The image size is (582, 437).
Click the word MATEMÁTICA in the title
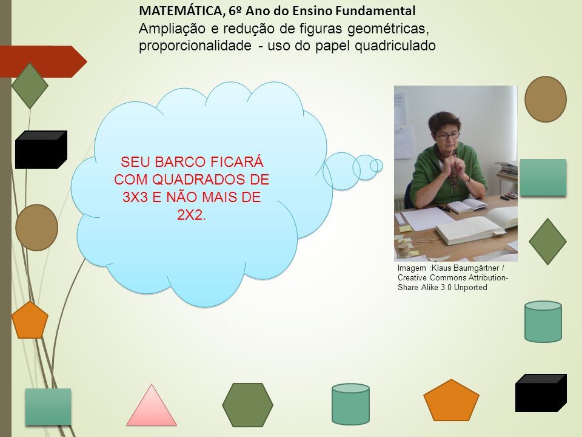click(x=181, y=12)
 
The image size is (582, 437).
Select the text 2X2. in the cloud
click(x=192, y=214)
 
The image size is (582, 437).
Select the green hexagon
click(x=247, y=405)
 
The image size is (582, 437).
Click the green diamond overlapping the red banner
click(x=30, y=86)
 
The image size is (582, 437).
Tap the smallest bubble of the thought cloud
click(x=376, y=166)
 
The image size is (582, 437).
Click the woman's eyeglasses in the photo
click(x=448, y=135)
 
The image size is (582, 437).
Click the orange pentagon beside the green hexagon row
click(x=451, y=400)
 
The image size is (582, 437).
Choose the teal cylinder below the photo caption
click(x=543, y=322)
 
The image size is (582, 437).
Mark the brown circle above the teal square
click(x=545, y=99)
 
